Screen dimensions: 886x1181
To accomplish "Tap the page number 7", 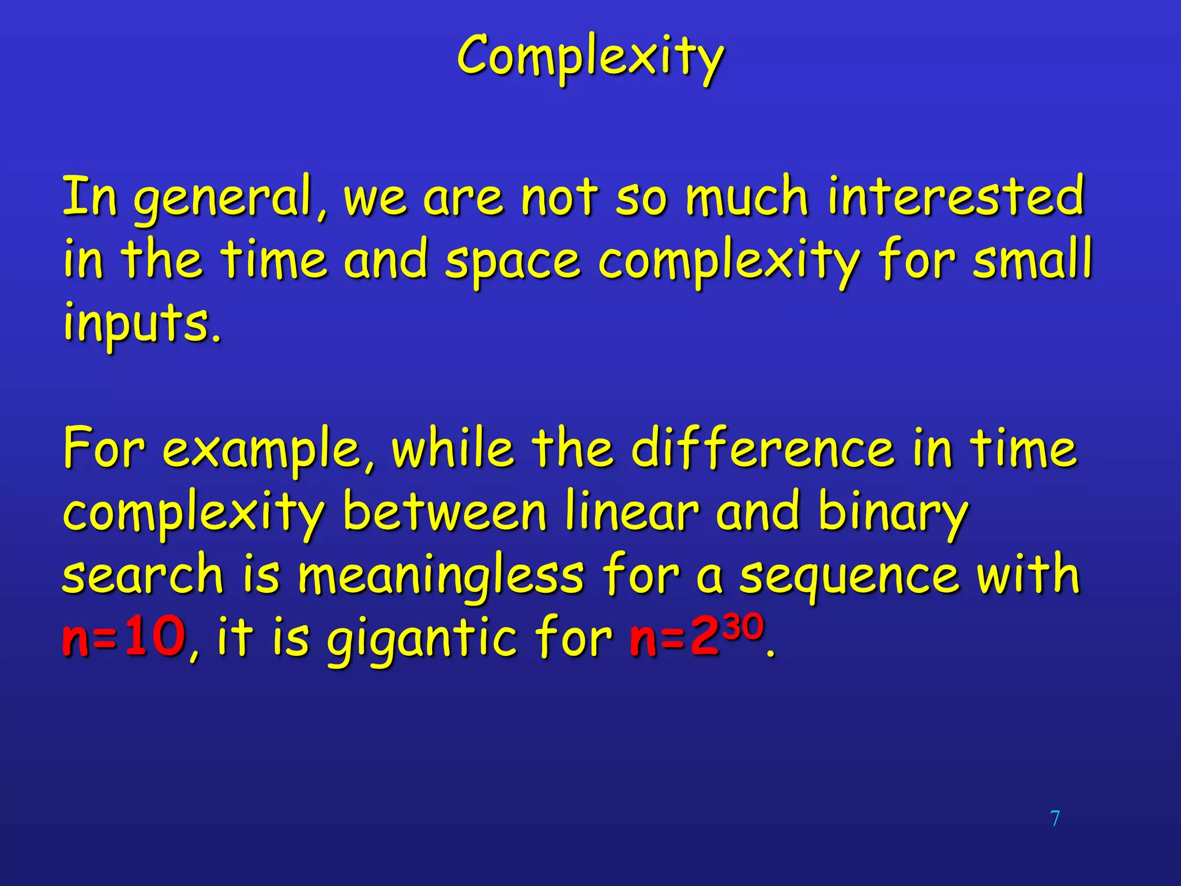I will click(x=1055, y=819).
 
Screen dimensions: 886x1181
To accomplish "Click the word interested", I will click(x=956, y=196).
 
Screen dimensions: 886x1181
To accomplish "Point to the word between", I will click(x=444, y=512).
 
